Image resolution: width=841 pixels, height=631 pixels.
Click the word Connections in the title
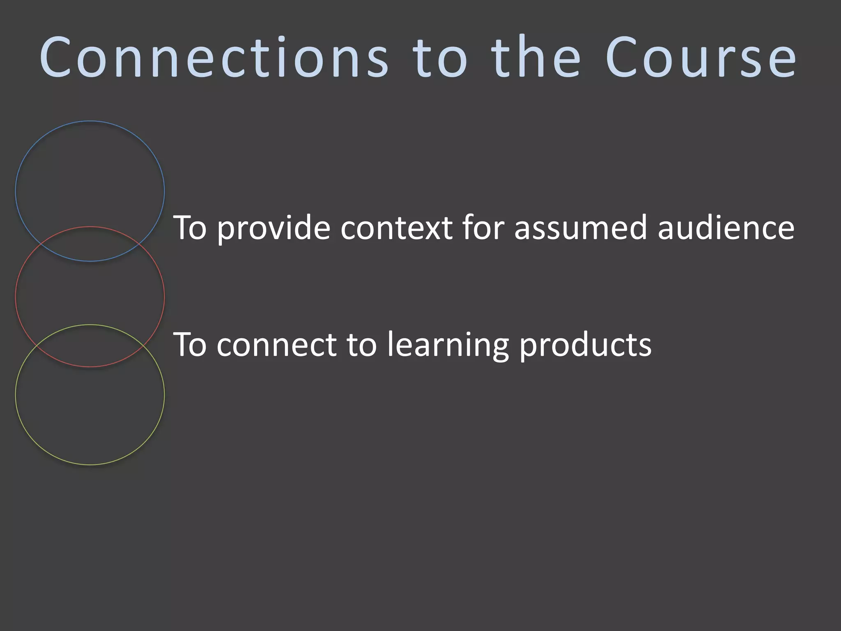[214, 58]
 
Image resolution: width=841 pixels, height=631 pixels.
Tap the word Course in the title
[701, 58]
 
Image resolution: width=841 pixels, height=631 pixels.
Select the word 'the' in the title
[536, 58]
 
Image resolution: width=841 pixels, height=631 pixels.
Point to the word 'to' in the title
[440, 58]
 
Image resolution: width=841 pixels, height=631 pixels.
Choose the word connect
[276, 345]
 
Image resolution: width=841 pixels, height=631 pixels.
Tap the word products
[586, 345]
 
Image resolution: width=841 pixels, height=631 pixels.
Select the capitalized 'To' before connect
[190, 345]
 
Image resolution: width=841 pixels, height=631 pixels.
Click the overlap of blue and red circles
[90, 244]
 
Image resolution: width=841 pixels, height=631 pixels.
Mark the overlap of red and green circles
[90, 346]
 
